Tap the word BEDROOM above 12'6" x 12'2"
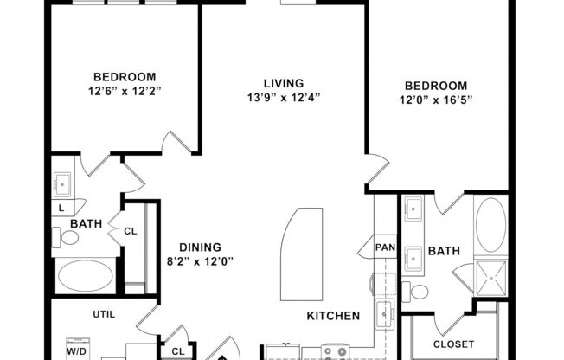pos(125,75)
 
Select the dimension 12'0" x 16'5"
pos(437,101)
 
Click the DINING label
pos(200,246)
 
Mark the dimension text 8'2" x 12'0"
pos(200,260)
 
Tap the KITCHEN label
pos(333,317)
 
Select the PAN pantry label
pos(384,247)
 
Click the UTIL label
pos(104,314)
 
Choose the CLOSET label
pos(453,344)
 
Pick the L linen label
pos(61,209)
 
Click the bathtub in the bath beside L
pos(85,277)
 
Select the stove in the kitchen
pos(334,352)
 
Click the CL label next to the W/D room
pos(178,351)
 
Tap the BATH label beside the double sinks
pos(444,252)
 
